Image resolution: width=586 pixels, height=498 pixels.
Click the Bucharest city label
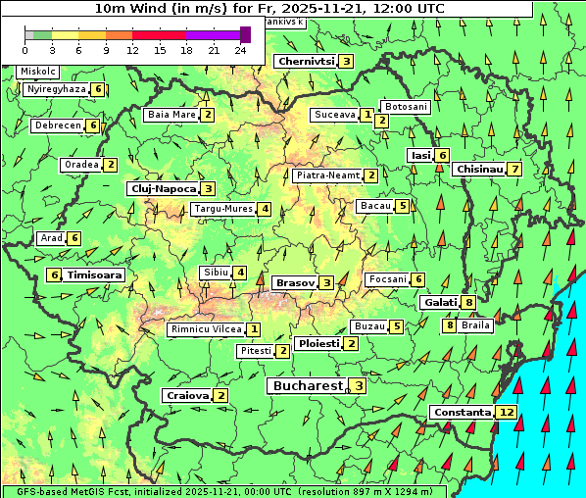click(307, 386)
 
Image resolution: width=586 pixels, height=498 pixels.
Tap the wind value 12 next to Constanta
click(507, 413)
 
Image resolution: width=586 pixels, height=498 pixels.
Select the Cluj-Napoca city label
click(163, 188)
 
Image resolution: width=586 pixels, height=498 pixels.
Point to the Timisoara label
click(95, 275)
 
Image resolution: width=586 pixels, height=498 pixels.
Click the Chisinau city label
click(479, 170)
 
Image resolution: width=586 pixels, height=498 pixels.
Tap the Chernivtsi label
click(306, 61)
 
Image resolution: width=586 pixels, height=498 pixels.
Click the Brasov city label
click(295, 282)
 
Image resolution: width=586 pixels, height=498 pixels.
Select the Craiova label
click(188, 395)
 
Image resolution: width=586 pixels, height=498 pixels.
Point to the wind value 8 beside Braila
click(450, 325)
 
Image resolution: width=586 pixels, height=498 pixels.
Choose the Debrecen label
click(57, 125)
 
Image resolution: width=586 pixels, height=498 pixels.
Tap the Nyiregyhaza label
click(58, 89)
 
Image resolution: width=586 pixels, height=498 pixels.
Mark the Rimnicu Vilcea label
click(206, 329)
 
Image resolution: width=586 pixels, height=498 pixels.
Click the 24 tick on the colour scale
click(240, 49)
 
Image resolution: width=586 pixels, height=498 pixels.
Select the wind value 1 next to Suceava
click(366, 115)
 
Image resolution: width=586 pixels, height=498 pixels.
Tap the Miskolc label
click(38, 72)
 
